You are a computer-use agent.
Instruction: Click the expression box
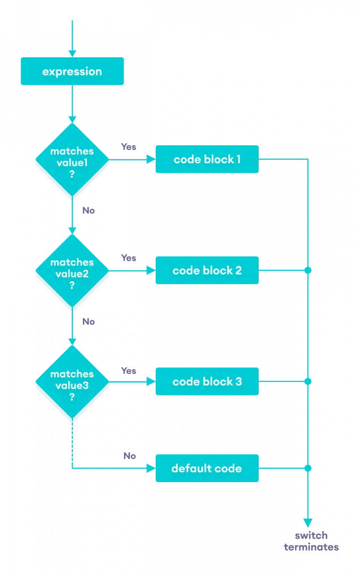coord(72,72)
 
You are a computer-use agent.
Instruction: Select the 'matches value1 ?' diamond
coord(72,159)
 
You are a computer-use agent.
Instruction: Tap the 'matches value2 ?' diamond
coord(72,271)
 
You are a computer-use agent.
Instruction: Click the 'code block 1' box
coord(207,159)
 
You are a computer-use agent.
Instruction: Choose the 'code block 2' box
coord(207,270)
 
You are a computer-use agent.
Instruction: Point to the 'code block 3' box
coord(207,382)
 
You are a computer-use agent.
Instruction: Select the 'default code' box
coord(207,468)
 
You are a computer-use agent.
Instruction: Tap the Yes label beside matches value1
coord(128,147)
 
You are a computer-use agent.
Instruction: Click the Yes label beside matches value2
coord(128,258)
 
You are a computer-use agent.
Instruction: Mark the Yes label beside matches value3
coord(128,370)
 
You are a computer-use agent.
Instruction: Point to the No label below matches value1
coord(88,210)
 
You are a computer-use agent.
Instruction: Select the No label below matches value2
coord(88,321)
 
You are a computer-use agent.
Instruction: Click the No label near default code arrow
coord(129,456)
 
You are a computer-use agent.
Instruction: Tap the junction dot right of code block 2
coord(308,271)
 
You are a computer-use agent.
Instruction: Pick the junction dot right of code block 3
coord(308,382)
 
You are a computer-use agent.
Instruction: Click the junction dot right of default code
coord(308,468)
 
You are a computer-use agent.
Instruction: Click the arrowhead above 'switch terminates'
coord(308,522)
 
